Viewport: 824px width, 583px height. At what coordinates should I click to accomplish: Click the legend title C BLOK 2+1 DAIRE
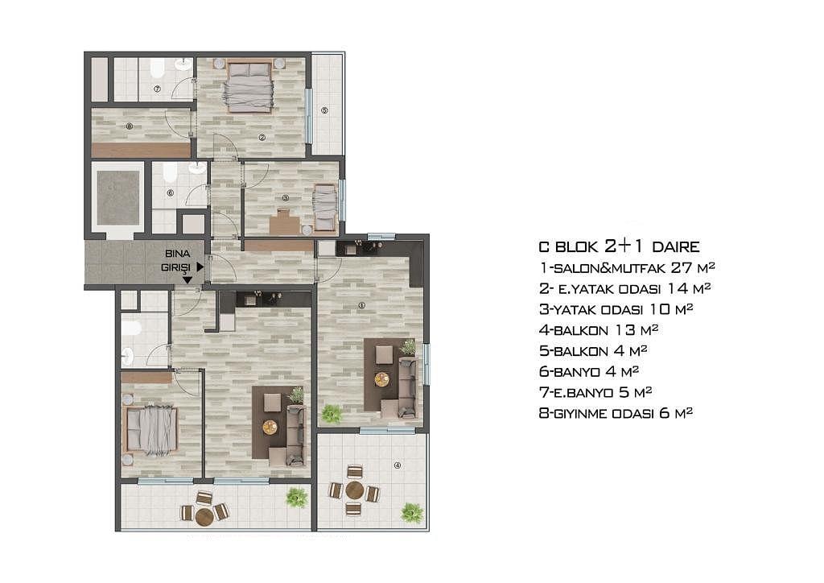click(619, 246)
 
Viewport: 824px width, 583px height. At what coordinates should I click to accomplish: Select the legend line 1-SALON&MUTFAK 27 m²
click(628, 267)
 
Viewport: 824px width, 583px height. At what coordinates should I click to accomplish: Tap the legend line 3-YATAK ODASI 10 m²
click(616, 309)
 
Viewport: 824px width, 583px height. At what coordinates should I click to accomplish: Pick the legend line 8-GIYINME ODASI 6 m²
click(616, 412)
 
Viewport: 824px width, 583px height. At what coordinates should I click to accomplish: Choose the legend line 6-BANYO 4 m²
click(589, 372)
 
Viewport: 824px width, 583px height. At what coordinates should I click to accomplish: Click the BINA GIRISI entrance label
click(176, 260)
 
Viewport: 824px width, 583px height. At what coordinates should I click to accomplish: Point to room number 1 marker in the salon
click(361, 305)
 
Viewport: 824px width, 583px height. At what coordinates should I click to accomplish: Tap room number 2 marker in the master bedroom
click(262, 138)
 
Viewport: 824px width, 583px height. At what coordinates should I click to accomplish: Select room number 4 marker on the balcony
click(398, 465)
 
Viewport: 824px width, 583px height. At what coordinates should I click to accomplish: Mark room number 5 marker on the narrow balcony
click(324, 110)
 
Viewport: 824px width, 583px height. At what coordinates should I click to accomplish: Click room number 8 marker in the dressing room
click(130, 126)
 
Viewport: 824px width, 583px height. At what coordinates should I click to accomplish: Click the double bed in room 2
click(249, 87)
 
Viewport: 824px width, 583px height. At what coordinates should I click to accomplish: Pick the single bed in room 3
click(325, 207)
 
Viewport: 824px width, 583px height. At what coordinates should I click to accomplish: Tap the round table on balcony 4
click(355, 490)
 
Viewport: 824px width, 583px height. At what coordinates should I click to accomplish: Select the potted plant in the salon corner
click(332, 414)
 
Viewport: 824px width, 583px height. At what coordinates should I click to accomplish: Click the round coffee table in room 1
click(382, 379)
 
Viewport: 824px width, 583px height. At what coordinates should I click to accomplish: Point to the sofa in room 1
click(407, 387)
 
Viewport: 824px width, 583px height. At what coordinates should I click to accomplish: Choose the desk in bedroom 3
click(284, 221)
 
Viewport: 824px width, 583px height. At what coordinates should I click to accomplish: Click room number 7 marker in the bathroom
click(157, 89)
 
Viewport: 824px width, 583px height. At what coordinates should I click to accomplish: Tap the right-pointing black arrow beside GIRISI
click(200, 267)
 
